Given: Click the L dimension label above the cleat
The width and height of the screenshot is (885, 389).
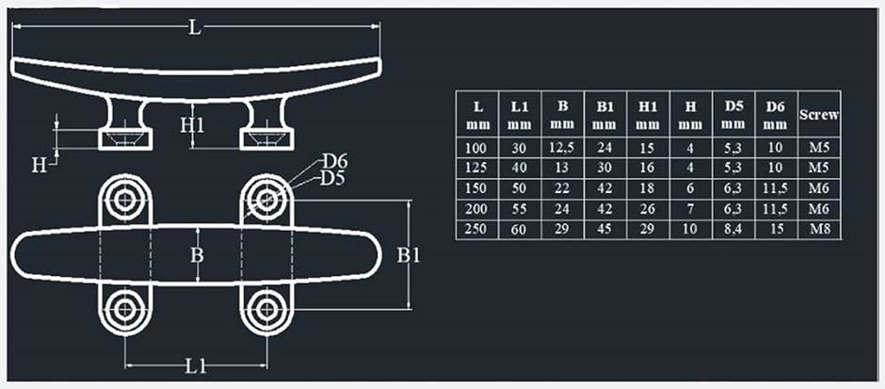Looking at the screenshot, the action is tap(194, 27).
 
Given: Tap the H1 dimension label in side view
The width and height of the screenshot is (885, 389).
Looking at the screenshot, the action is tap(192, 125).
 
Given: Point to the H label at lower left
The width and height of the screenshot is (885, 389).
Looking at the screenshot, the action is tap(39, 166).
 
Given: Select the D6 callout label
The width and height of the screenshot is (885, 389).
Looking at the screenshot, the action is tap(334, 162).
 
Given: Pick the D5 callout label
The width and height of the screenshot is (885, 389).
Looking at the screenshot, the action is tap(333, 180).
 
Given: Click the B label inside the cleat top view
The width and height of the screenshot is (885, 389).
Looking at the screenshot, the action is tap(197, 255).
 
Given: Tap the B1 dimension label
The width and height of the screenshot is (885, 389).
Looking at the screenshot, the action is tap(408, 255).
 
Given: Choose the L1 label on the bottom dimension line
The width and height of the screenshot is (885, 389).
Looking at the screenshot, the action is tap(196, 367).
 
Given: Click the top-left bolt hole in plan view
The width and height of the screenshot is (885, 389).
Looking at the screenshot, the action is tap(124, 200).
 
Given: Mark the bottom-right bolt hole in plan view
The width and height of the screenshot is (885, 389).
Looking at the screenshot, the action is tap(265, 309).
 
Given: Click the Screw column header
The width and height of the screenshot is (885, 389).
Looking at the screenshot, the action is tap(819, 115).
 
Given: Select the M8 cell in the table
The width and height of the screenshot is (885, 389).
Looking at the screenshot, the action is tap(819, 229).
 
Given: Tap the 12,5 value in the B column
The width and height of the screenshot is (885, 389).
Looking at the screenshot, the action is tap(562, 149).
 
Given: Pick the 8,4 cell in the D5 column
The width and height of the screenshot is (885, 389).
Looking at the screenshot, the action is tap(733, 229).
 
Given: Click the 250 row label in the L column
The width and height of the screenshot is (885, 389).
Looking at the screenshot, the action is tap(477, 229).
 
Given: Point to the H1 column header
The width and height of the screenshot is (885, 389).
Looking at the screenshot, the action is tap(648, 115).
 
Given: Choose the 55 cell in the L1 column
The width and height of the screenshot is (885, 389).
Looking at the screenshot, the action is tap(520, 209).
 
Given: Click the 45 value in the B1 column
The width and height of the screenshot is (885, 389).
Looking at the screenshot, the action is tap(604, 229).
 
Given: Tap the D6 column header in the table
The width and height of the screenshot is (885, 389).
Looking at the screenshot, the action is tap(777, 115).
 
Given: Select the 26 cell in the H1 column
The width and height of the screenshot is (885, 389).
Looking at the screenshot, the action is tap(648, 209).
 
